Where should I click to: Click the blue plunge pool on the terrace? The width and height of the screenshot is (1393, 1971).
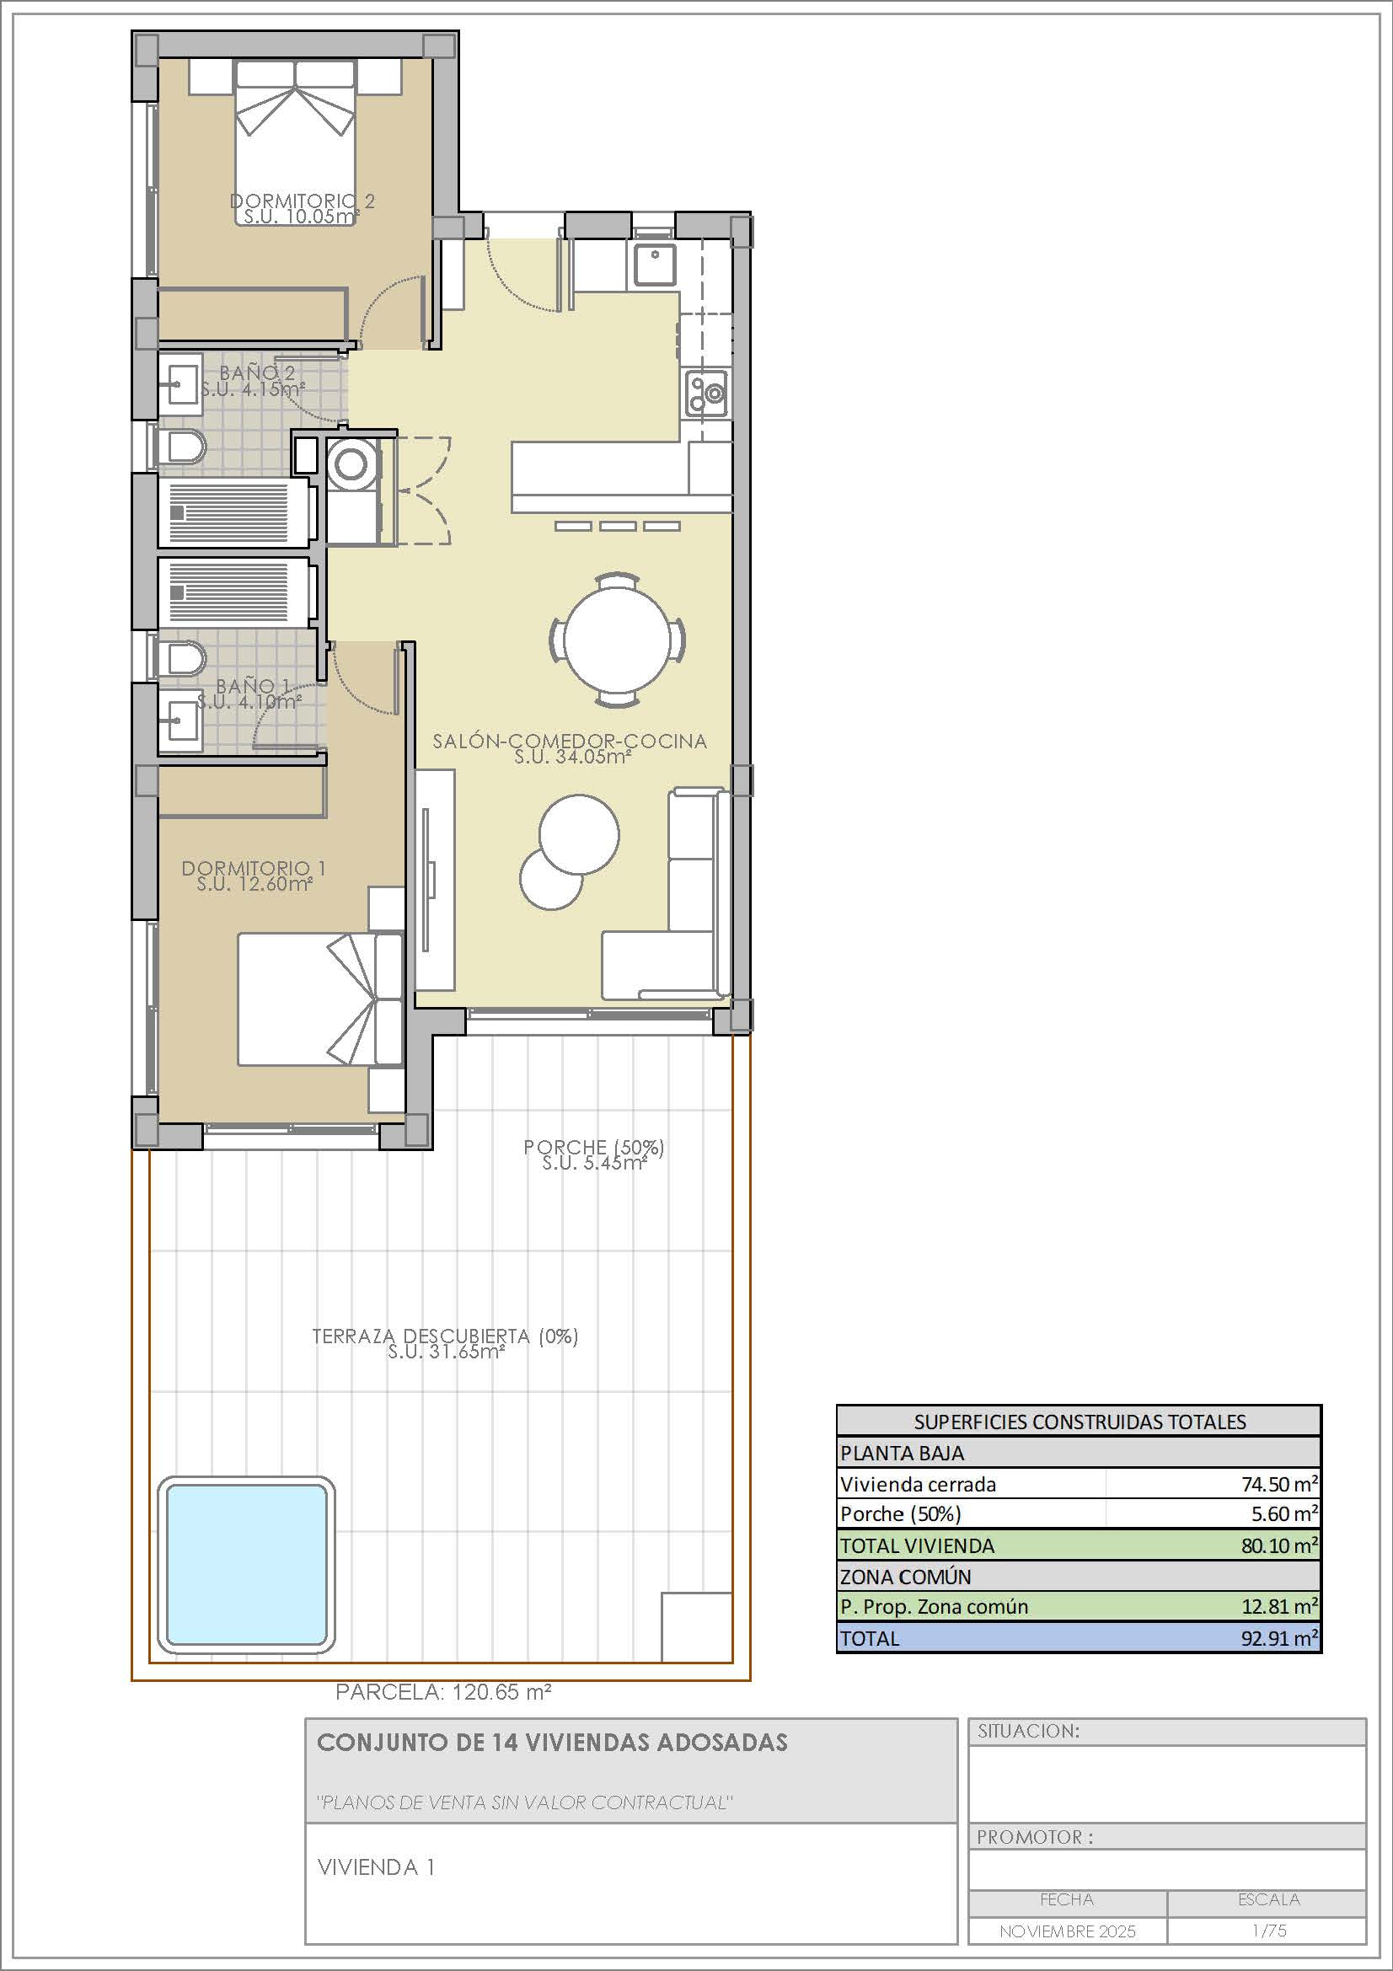246,1564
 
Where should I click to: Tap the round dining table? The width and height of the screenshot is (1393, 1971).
617,640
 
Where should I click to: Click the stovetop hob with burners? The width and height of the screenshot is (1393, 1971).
707,394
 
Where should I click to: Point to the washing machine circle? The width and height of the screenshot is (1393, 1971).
351,463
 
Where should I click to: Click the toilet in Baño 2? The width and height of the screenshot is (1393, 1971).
183,447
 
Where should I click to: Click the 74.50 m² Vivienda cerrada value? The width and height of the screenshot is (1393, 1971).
1280,1483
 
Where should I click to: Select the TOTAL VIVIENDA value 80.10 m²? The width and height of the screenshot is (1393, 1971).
1280,1545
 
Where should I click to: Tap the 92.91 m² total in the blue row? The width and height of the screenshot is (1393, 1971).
1280,1637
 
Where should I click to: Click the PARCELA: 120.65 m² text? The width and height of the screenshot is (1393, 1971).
443,1691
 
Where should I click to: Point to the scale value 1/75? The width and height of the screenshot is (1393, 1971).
1268,1931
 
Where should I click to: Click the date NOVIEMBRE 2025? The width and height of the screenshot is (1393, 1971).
1067,1931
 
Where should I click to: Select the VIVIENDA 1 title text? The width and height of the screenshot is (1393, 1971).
376,1867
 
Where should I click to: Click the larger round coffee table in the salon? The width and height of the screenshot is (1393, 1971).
579,834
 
